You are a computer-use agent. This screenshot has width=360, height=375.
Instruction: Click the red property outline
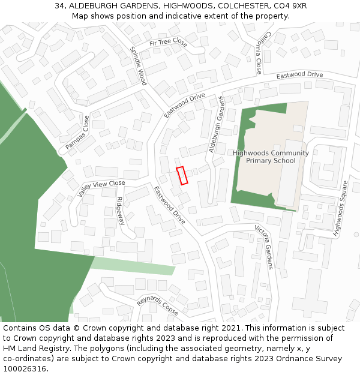[x=182, y=175]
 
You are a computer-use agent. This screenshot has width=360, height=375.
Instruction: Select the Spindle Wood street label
[x=138, y=66]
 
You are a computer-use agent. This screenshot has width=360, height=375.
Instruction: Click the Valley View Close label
[x=101, y=188]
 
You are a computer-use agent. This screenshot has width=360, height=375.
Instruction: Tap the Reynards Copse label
[x=157, y=305]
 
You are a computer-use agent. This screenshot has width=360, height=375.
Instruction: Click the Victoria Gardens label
[x=264, y=247]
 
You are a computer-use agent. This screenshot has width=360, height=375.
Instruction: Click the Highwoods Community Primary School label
[x=271, y=157]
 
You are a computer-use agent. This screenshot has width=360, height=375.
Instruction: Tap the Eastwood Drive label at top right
[x=299, y=76]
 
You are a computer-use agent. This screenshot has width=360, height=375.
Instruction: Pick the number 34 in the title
[x=59, y=5]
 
